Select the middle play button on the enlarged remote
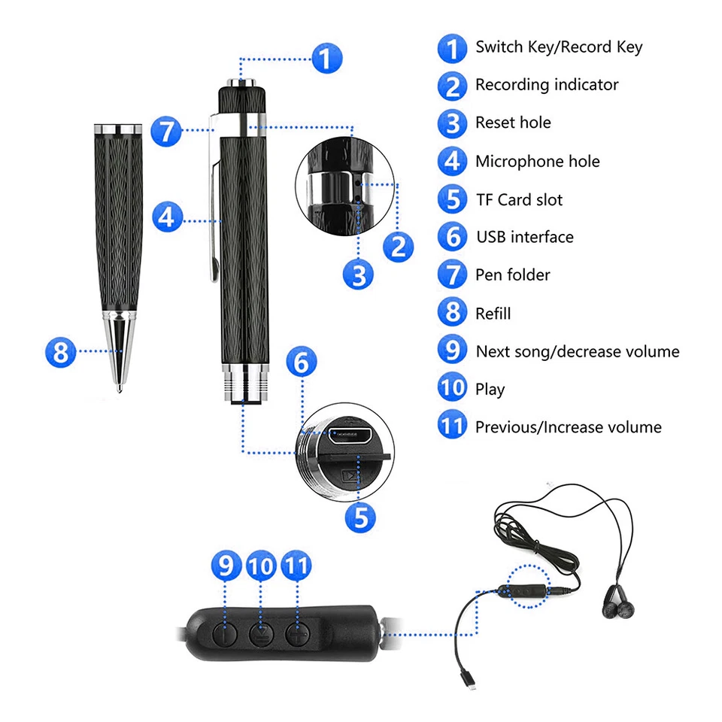(262, 632)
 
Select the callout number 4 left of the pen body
(167, 219)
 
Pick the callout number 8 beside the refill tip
(61, 351)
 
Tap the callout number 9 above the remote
(226, 567)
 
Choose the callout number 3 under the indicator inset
(359, 275)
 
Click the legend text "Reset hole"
(513, 123)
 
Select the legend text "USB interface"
(524, 237)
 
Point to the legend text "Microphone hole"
(537, 161)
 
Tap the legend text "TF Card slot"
(518, 199)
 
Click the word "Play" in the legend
(490, 389)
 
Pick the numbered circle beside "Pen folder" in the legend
(452, 275)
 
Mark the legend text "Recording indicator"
(546, 84)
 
